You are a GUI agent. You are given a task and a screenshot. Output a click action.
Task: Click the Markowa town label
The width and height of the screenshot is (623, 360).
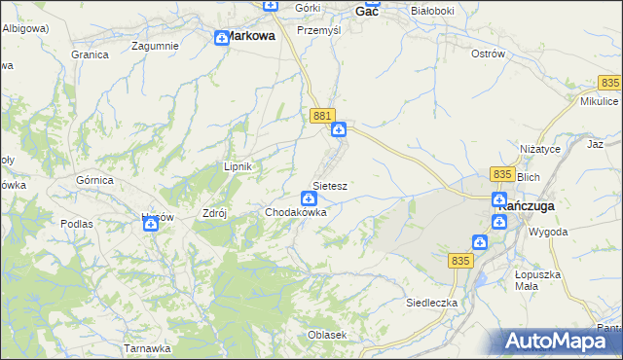click(250, 35)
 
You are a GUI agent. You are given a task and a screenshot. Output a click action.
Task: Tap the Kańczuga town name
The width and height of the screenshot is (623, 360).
click(525, 206)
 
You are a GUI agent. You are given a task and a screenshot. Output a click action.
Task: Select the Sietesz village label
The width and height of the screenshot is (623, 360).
click(331, 185)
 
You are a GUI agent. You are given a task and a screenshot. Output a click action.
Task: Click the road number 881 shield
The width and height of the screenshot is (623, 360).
click(323, 116)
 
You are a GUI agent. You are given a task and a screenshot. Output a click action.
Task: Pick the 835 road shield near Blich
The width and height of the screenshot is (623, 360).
click(502, 173)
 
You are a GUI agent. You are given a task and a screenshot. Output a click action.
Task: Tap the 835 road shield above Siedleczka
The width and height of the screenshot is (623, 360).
click(461, 261)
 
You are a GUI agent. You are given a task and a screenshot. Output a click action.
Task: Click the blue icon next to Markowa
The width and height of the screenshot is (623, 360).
click(221, 38)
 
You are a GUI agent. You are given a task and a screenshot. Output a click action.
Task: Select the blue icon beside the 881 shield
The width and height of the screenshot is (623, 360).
click(338, 129)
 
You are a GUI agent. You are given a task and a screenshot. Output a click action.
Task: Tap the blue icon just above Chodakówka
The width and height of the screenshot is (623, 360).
click(309, 198)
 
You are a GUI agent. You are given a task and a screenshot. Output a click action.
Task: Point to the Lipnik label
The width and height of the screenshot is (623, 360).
click(238, 166)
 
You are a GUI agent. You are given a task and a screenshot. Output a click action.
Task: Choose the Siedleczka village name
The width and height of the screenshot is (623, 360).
click(431, 303)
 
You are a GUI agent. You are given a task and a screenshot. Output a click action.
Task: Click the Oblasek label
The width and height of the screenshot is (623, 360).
click(327, 335)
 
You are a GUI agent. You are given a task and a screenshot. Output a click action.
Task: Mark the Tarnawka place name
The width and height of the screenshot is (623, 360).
click(148, 347)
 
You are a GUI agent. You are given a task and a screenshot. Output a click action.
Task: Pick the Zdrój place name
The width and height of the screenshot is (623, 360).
click(213, 211)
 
